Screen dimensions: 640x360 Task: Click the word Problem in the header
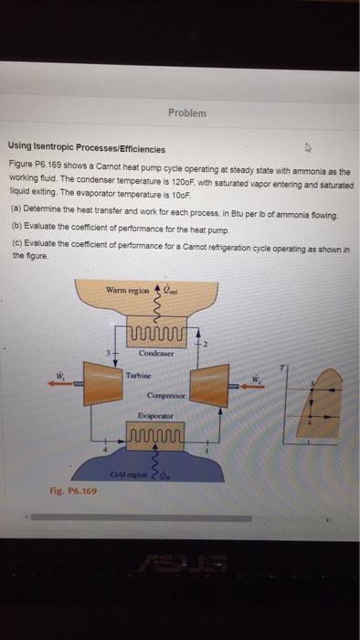coord(188,112)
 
